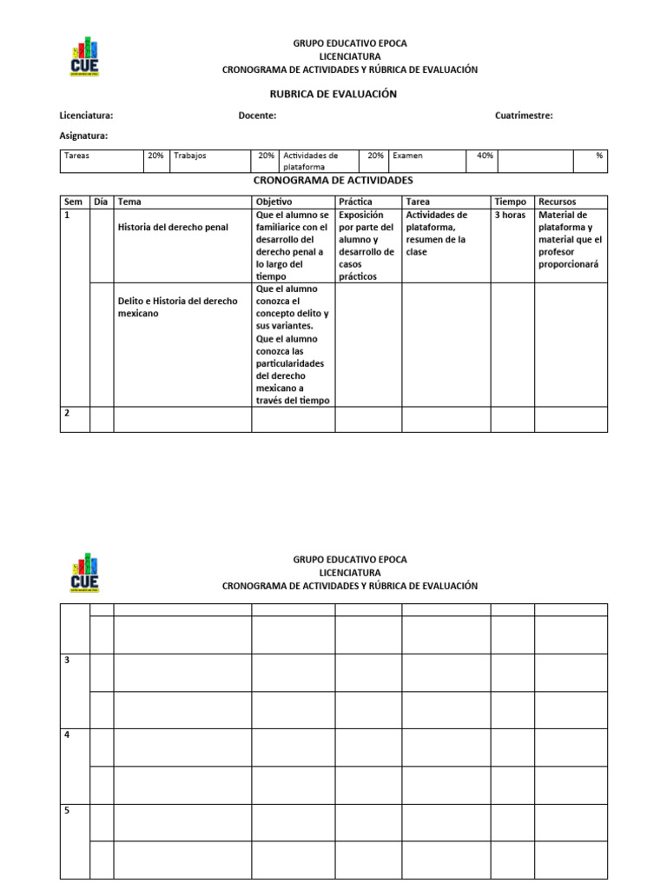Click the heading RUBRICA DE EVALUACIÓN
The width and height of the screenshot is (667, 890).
(x=333, y=94)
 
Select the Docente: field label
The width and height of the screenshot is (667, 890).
(x=257, y=116)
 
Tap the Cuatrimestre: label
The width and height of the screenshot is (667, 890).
(x=524, y=116)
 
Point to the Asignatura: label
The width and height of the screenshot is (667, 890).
(x=83, y=136)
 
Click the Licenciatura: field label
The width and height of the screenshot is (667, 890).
(x=86, y=116)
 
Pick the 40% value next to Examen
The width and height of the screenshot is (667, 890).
(x=485, y=156)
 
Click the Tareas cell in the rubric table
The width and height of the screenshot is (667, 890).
(x=77, y=156)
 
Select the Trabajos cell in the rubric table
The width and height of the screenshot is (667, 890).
(x=190, y=156)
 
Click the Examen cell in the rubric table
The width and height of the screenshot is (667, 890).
(x=407, y=156)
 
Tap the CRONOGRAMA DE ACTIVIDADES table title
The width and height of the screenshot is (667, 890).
(x=333, y=181)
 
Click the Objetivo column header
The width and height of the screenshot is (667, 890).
(x=274, y=202)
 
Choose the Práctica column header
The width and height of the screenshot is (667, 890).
(x=355, y=202)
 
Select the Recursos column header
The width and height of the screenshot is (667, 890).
(x=557, y=202)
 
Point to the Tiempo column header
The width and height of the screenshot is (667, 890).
(x=510, y=202)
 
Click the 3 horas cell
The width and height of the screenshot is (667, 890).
(x=509, y=215)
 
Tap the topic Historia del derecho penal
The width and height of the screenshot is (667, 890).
(x=173, y=228)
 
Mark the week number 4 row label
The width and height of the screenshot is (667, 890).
(x=67, y=735)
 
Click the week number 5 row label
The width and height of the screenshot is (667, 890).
(x=67, y=811)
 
